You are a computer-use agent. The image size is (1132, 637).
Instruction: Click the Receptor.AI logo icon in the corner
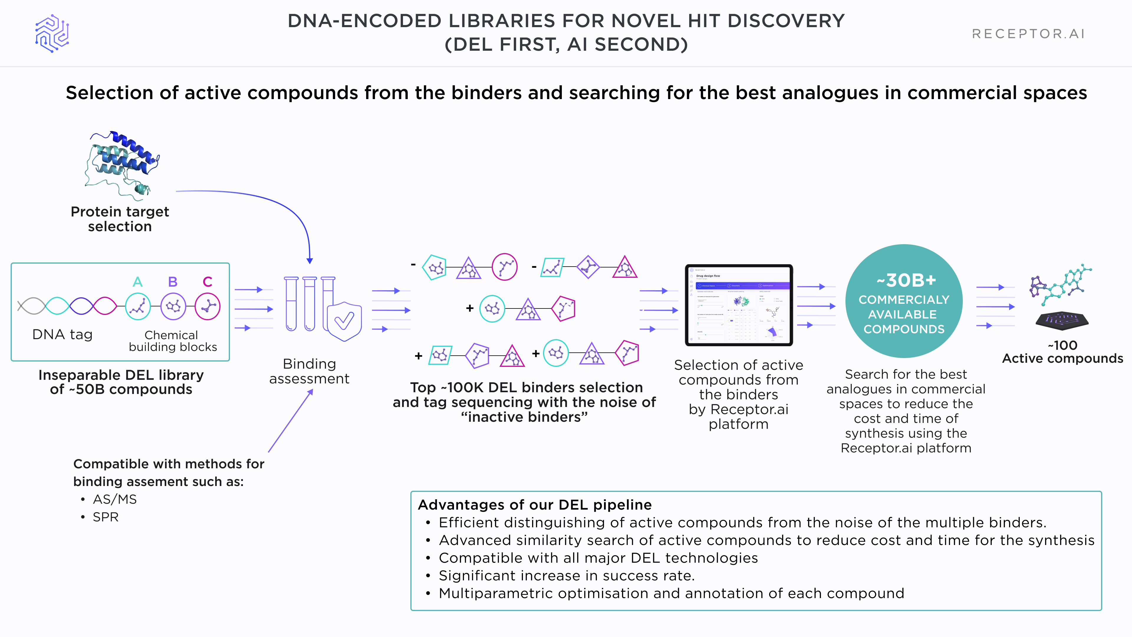point(52,33)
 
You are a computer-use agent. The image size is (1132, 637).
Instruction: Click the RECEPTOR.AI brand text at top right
point(1028,34)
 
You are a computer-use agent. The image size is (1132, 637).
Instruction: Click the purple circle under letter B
point(173,306)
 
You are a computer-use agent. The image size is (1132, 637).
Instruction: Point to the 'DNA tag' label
point(62,334)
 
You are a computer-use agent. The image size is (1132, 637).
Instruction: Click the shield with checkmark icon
point(344,321)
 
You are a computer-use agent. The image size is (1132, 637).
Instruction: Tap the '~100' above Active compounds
point(1062,345)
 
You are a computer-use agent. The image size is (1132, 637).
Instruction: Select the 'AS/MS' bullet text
point(115,499)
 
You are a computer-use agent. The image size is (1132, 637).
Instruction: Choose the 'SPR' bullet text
point(106,517)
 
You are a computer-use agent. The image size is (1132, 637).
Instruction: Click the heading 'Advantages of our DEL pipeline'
point(535,505)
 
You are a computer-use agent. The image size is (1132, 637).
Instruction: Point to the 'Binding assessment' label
point(309,371)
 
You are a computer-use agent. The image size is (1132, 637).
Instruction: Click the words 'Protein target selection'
point(119,219)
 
